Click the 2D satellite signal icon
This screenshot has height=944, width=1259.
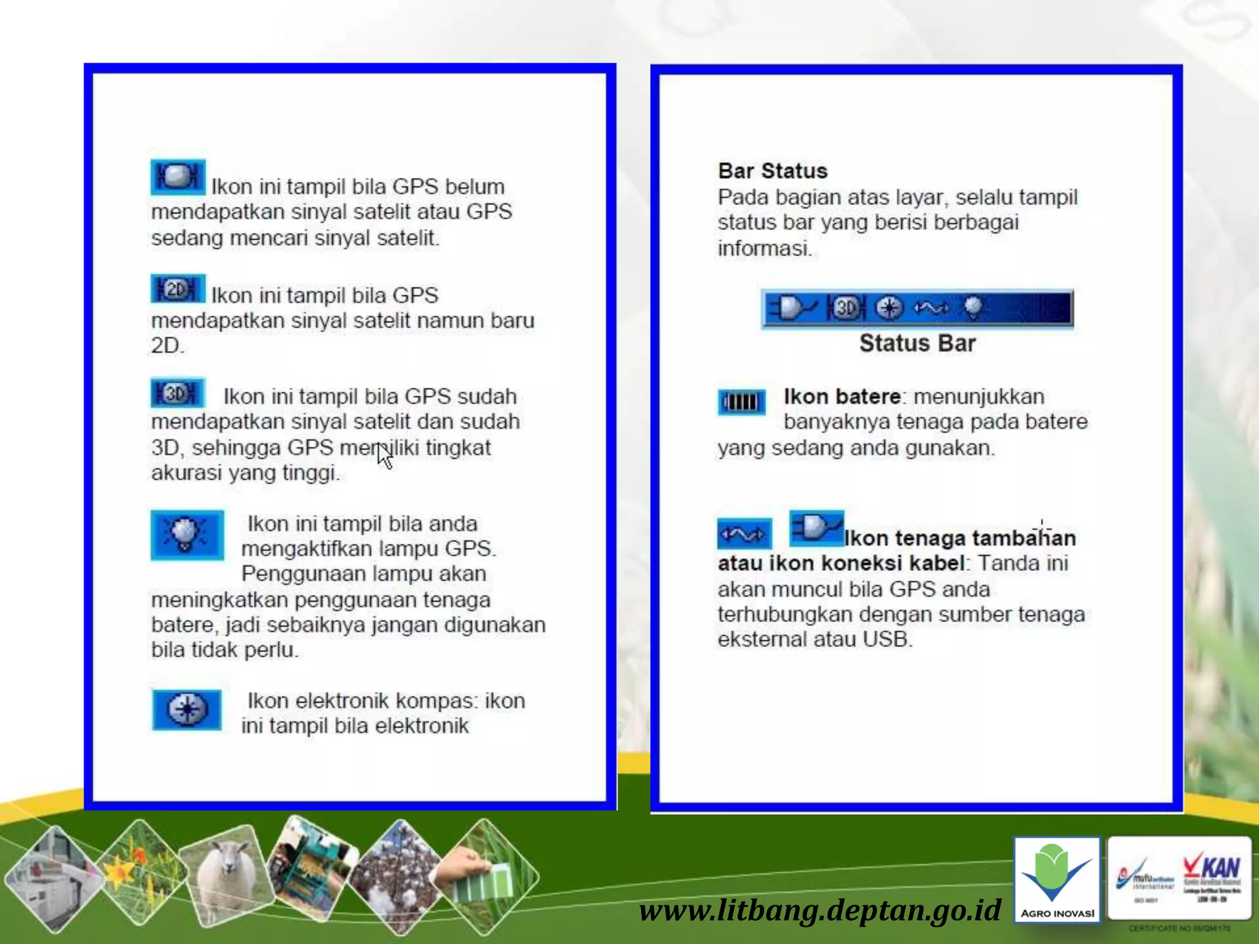[x=178, y=289]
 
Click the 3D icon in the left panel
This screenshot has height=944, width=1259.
[x=178, y=393]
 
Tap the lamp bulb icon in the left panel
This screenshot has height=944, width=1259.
[x=187, y=535]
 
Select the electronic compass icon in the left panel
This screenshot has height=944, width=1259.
[x=187, y=710]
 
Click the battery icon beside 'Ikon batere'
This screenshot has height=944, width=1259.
[x=741, y=403]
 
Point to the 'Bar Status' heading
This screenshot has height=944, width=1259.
[x=773, y=171]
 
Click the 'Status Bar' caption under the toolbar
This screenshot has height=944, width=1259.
[x=917, y=344]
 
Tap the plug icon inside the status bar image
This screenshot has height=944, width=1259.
[x=794, y=308]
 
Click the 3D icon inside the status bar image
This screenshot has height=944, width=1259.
[x=847, y=308]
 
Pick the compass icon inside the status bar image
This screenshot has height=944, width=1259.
[x=889, y=308]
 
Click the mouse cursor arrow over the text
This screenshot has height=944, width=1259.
[x=384, y=455]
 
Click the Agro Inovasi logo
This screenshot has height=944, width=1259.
[x=1057, y=879]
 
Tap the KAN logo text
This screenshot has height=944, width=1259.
[x=1212, y=868]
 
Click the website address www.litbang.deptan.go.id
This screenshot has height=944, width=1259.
[x=819, y=910]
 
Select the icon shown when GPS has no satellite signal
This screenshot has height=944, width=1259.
[x=178, y=177]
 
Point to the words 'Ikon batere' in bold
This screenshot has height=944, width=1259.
[x=842, y=396]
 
